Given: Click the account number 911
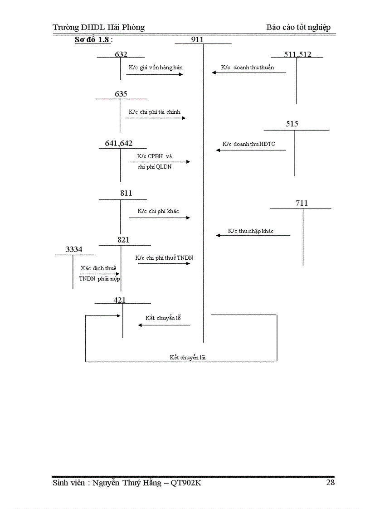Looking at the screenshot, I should point(197,40).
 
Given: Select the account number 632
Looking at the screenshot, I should point(121,54).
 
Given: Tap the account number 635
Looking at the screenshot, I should point(121,94).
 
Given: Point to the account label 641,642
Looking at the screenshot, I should point(119,144).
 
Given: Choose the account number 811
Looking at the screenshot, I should point(126,194).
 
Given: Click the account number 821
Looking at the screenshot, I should point(123,240).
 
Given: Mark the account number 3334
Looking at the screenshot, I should point(74,249).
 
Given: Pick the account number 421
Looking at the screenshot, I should point(120,300).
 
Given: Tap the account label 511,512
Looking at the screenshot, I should point(298,54).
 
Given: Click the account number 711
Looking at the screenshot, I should point(302,204).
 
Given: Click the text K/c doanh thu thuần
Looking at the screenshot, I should point(248,68).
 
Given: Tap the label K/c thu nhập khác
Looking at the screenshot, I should point(251,231).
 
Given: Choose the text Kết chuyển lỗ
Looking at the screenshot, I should point(163,318).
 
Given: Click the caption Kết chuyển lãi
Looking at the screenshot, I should point(188,357).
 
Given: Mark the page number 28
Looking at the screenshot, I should point(331,482).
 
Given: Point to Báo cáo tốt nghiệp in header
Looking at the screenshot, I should point(298,27).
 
